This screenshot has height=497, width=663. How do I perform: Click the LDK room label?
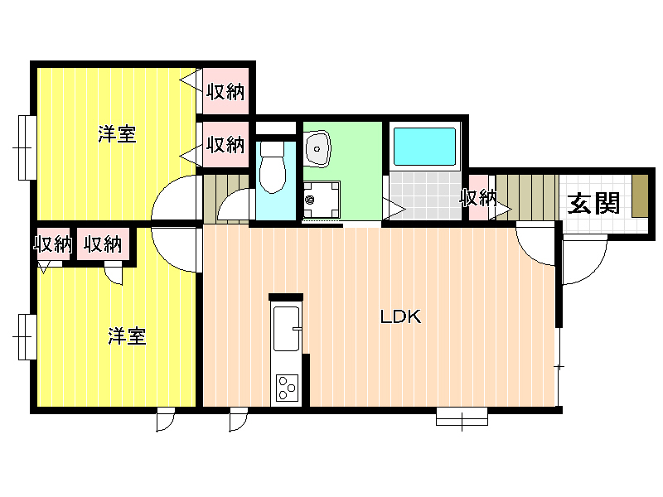[400, 316]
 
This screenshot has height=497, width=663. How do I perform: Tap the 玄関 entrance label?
[593, 204]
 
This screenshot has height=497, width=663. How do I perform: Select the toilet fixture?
[273, 167]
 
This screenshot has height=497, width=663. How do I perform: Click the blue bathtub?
[424, 147]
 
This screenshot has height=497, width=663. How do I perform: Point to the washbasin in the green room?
[317, 149]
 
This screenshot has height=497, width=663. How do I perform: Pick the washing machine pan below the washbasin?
[322, 200]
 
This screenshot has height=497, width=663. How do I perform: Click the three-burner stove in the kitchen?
[287, 388]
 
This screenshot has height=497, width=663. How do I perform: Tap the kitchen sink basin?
[286, 329]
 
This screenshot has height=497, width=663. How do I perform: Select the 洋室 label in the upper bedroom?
[117, 134]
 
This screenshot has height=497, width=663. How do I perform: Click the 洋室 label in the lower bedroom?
[127, 336]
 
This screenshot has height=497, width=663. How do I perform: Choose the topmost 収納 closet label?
[225, 91]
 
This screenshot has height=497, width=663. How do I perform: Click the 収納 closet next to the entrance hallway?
[478, 197]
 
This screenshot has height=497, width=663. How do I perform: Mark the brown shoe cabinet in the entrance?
[640, 196]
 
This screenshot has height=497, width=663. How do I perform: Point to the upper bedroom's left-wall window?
[27, 147]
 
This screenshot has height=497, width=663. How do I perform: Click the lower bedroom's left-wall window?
[27, 337]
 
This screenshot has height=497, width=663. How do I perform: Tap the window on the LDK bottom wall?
[462, 417]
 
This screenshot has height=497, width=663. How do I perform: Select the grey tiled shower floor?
[425, 195]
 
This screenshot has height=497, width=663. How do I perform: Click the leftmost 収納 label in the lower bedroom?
[53, 244]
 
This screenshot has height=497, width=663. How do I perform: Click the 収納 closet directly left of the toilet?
[225, 144]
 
